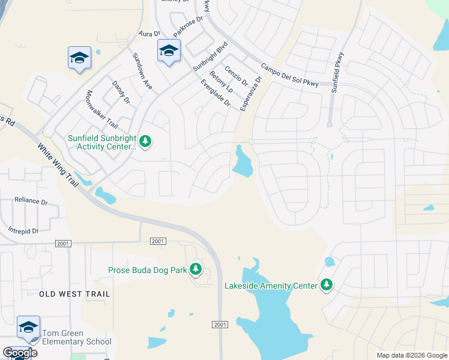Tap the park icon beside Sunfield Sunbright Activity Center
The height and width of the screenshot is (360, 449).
[x=145, y=142]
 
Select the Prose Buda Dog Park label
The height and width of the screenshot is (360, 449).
[x=148, y=270]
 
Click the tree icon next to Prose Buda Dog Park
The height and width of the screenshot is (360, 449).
[x=196, y=269]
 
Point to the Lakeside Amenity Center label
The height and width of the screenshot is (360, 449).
[x=271, y=286]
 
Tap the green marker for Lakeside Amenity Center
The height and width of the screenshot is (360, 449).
[x=327, y=284]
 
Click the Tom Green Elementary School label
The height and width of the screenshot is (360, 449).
[x=76, y=337]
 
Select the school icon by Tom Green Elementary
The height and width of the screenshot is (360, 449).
[x=28, y=327]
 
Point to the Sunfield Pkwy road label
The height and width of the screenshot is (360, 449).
[x=338, y=71]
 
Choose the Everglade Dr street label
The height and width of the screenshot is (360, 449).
[x=216, y=93]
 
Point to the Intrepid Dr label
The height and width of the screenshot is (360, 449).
[x=23, y=230]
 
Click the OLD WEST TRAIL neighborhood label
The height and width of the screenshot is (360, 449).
[x=75, y=294]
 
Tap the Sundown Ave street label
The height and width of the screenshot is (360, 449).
[x=142, y=71]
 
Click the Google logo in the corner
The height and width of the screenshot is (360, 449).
[x=20, y=353]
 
